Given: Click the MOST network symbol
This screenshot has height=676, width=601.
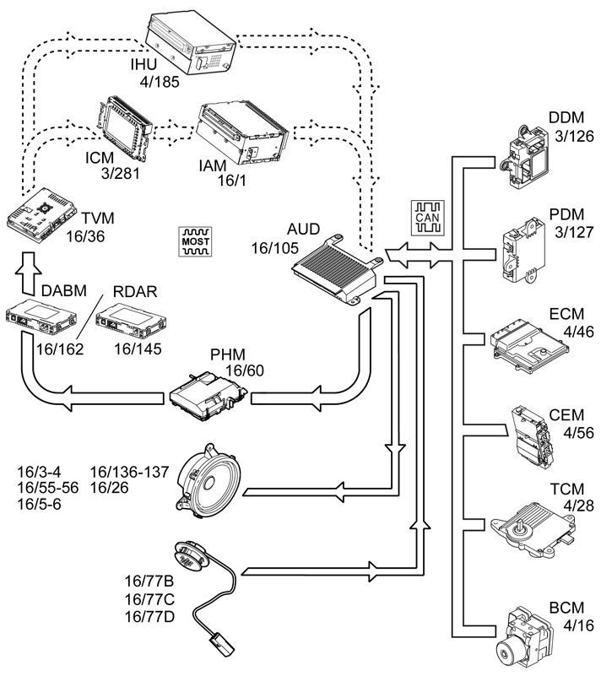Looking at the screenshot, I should [197, 241].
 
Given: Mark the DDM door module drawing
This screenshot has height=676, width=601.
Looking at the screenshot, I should [523, 157].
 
